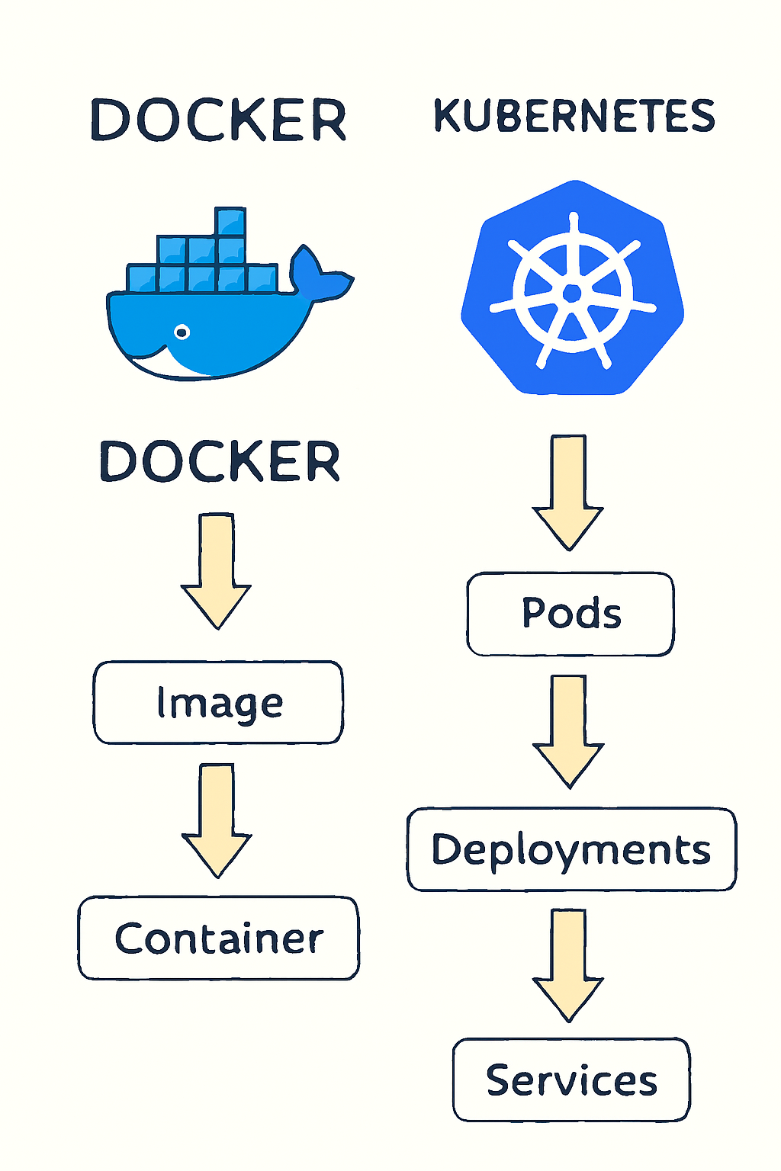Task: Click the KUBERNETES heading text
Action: click(x=574, y=117)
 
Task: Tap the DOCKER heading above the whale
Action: click(x=219, y=120)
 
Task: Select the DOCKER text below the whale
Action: click(x=220, y=461)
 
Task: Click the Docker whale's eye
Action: click(x=182, y=332)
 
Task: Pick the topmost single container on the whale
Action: click(x=230, y=222)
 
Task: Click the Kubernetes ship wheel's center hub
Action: click(x=572, y=294)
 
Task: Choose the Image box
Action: click(x=218, y=702)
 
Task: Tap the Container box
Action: click(x=218, y=938)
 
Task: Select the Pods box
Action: click(x=570, y=614)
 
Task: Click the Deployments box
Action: click(x=571, y=849)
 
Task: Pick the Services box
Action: click(x=571, y=1080)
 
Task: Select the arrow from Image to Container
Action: click(x=217, y=820)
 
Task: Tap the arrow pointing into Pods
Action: click(x=568, y=492)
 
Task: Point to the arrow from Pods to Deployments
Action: click(x=568, y=730)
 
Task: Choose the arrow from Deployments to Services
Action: click(x=568, y=964)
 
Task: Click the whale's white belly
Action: click(x=183, y=366)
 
